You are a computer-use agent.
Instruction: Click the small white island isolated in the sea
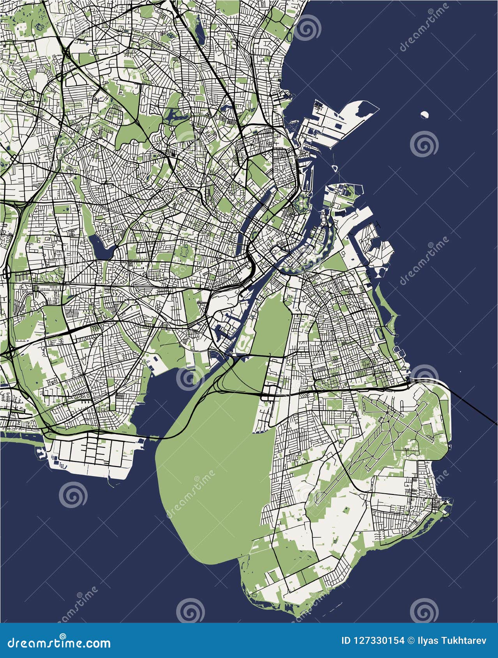[425, 115]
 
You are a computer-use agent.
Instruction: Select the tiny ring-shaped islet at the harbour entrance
[334, 169]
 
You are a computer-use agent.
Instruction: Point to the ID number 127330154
[377, 641]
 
